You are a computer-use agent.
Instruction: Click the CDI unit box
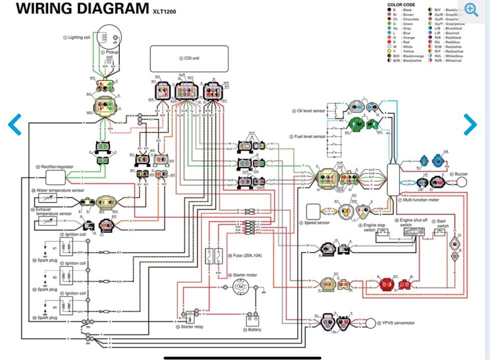tap(189, 59)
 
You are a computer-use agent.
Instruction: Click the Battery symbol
tap(252, 319)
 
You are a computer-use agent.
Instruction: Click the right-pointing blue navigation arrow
tap(470, 125)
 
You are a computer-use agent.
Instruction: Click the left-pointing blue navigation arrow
tap(16, 125)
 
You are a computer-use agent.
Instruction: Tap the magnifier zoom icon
tap(471, 9)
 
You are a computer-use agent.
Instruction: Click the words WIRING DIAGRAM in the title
tap(79, 9)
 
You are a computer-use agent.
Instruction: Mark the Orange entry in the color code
tap(405, 37)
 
